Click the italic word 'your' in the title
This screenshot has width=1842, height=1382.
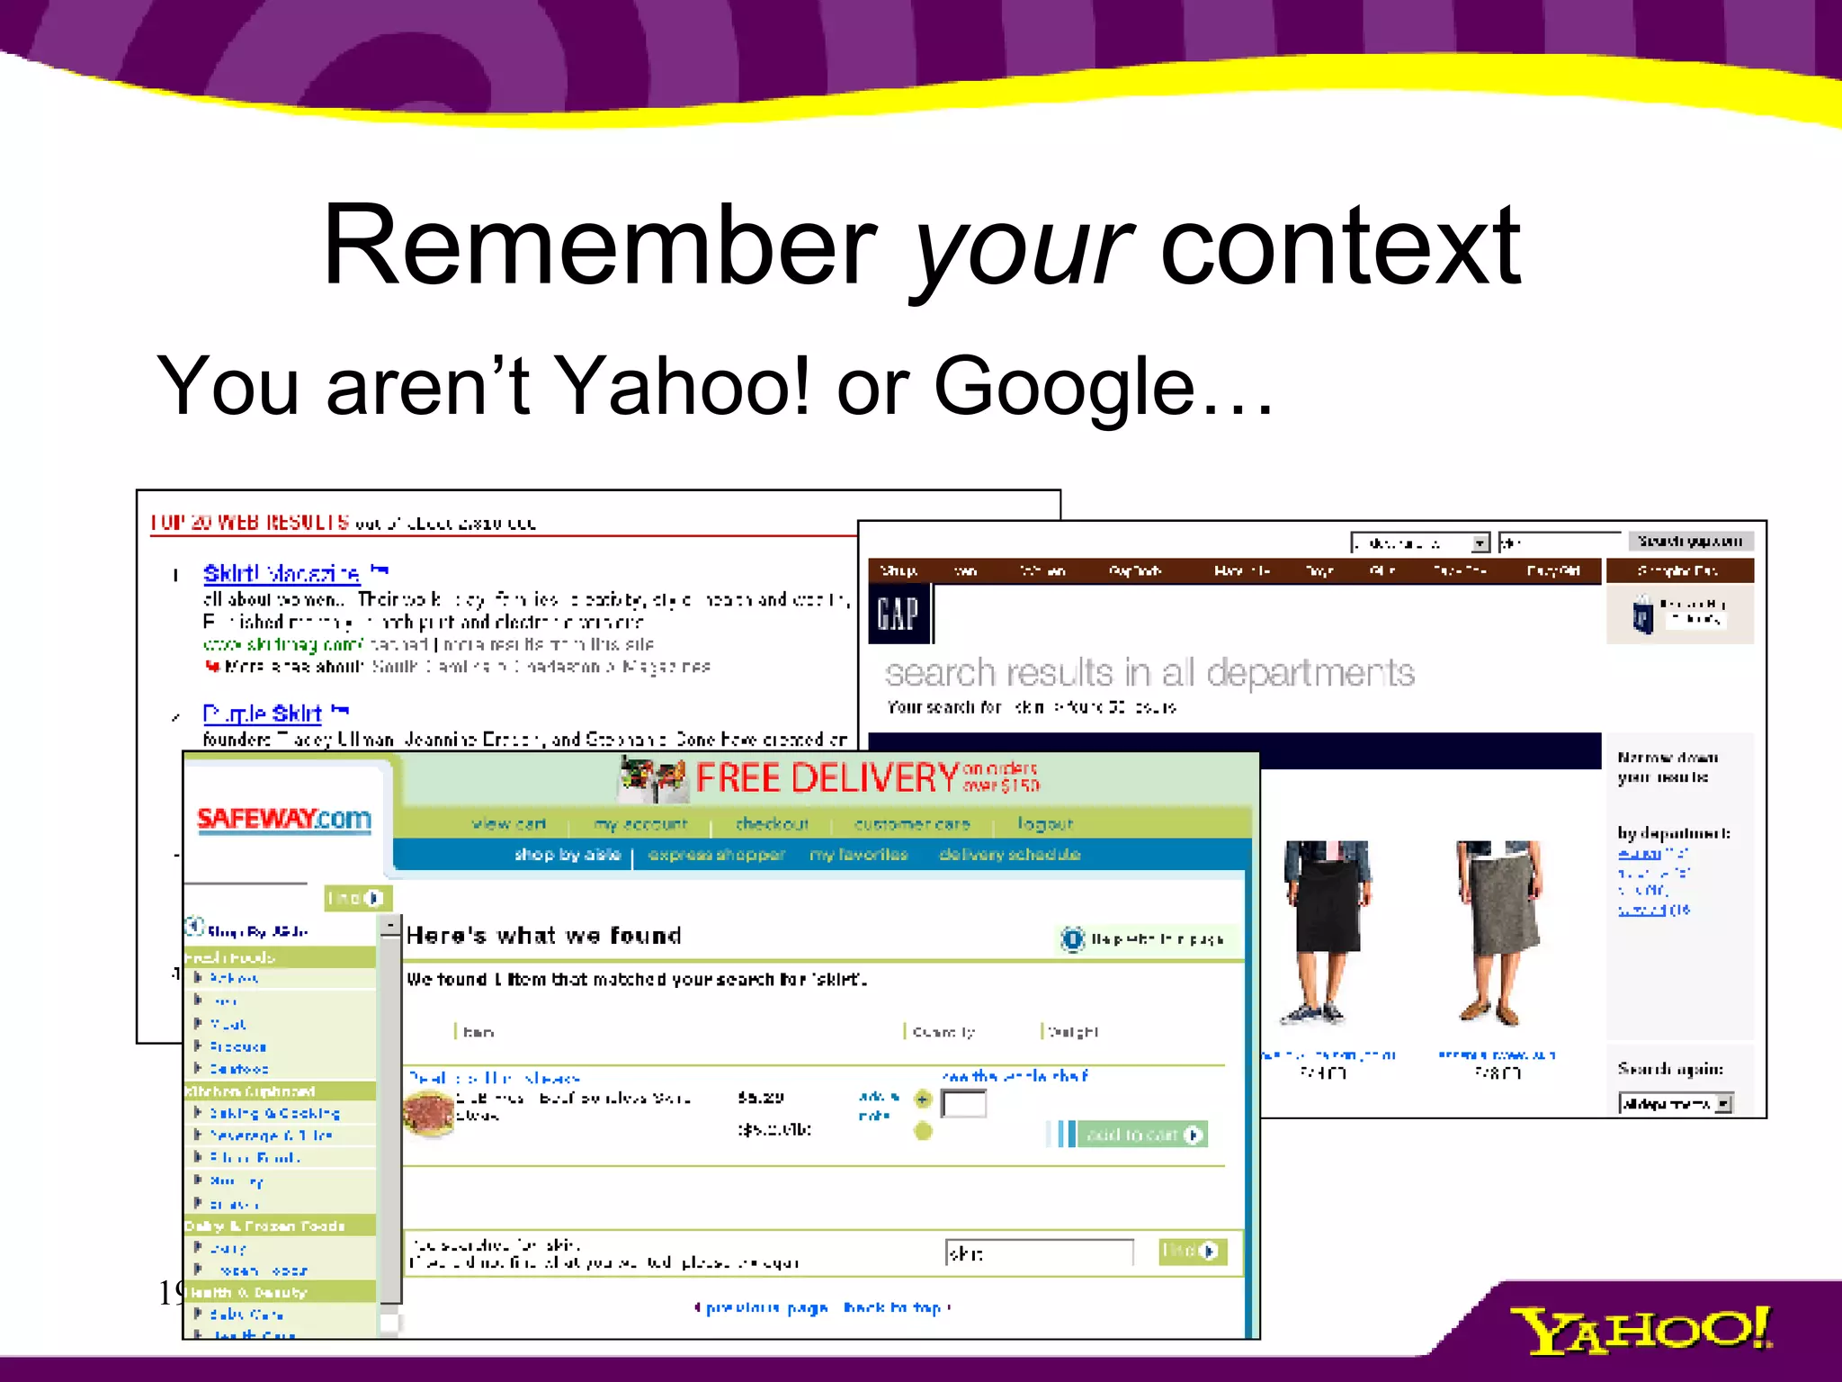coord(1022,247)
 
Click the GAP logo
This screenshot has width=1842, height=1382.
coord(898,615)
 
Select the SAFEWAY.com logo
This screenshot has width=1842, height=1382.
coord(283,820)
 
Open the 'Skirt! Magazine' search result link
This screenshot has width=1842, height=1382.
coord(282,573)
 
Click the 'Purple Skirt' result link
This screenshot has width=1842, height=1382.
coord(262,713)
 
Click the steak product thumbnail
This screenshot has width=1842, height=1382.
coord(429,1113)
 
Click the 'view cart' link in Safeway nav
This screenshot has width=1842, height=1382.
coord(508,824)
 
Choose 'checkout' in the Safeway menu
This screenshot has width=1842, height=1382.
coord(772,824)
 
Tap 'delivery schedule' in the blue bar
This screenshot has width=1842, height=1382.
coord(1009,855)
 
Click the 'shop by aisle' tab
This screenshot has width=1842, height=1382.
coord(568,855)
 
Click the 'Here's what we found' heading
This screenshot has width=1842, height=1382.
coord(543,936)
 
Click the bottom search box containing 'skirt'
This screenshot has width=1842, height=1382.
coord(1038,1252)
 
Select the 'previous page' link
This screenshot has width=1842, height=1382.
coord(765,1307)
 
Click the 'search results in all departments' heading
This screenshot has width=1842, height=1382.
coord(1149,673)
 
